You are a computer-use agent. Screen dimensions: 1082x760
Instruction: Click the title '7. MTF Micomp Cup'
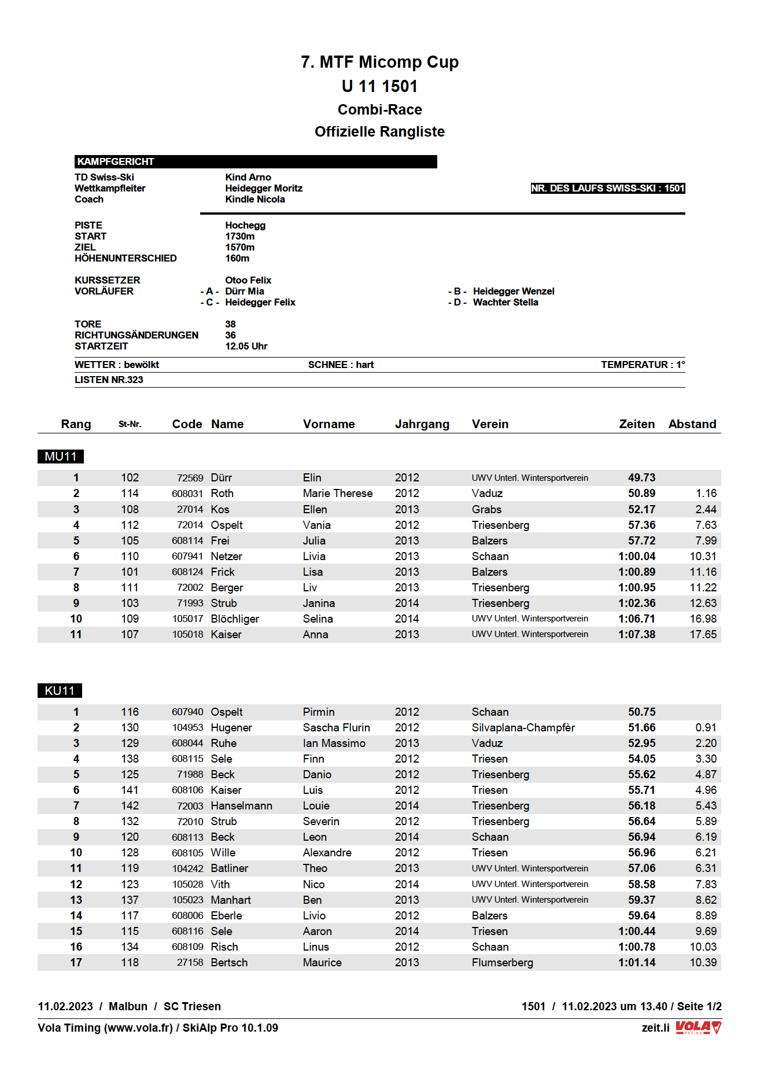click(379, 62)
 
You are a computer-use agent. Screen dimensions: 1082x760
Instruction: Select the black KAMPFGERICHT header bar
click(255, 161)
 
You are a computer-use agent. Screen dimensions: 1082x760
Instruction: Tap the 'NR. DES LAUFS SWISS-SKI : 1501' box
click(607, 188)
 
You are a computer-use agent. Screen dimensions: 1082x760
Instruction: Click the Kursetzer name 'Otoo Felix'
click(248, 280)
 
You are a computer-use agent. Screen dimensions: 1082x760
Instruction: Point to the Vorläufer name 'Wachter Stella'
click(506, 302)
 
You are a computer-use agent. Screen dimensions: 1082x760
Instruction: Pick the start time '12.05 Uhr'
click(246, 346)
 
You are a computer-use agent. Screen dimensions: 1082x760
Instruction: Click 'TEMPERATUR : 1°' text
click(643, 365)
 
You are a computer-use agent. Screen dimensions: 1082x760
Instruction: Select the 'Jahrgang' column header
click(422, 424)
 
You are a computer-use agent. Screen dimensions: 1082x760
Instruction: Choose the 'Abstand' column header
click(692, 424)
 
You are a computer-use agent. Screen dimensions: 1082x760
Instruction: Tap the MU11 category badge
click(61, 457)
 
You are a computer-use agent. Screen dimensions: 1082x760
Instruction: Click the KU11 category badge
click(60, 690)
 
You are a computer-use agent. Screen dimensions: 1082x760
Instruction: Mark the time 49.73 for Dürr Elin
click(641, 477)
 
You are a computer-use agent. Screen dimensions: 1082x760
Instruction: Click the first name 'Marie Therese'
click(338, 493)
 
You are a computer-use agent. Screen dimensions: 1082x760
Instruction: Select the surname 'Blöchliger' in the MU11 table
click(235, 619)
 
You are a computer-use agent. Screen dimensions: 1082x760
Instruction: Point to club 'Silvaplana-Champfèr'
click(523, 727)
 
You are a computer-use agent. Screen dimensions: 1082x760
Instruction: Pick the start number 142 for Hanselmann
click(130, 805)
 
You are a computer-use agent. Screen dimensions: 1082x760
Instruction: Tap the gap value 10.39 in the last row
click(703, 962)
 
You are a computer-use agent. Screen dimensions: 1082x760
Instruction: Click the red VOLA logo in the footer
click(699, 1028)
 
